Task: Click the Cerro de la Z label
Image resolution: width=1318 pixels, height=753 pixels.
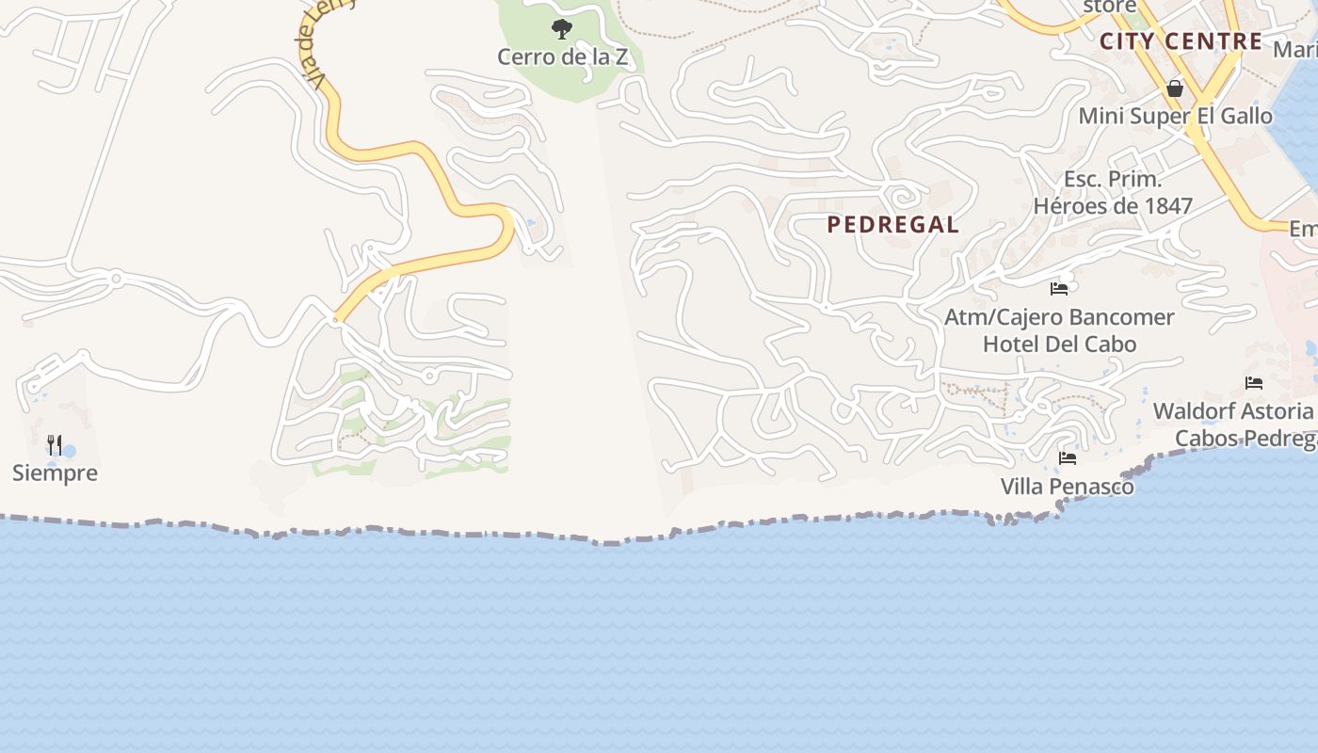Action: pos(562,57)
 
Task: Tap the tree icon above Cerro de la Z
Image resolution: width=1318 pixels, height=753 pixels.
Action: pos(562,29)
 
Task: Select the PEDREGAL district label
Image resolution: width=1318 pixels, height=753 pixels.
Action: pos(892,225)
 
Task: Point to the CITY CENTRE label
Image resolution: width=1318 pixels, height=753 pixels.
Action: pos(1181,41)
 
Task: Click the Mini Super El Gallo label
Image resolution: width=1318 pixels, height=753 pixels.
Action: pos(1175,117)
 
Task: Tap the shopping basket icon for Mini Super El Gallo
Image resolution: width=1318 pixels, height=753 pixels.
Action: pos(1175,88)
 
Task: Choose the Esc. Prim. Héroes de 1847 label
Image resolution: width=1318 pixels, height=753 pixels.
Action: pos(1113,192)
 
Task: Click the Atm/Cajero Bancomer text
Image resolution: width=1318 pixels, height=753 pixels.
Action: pos(1059,317)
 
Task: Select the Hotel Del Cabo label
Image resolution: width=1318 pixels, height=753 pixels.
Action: pos(1059,344)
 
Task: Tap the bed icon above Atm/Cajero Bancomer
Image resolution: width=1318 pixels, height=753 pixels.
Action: pos(1059,288)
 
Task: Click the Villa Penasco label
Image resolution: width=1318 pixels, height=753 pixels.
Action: pos(1067,487)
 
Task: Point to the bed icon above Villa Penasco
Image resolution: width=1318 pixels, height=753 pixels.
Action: pos(1068,458)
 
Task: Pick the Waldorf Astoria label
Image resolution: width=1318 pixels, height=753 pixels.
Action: pos(1232,411)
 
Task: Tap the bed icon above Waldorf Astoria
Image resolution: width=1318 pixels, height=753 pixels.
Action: pos(1254,383)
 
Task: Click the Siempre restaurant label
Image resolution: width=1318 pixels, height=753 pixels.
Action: pos(55,473)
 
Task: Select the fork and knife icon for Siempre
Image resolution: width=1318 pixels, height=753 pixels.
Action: pos(55,444)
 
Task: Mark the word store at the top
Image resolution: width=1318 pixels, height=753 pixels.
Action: pos(1110,7)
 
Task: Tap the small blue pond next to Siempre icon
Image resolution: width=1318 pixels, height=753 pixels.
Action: pos(70,453)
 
